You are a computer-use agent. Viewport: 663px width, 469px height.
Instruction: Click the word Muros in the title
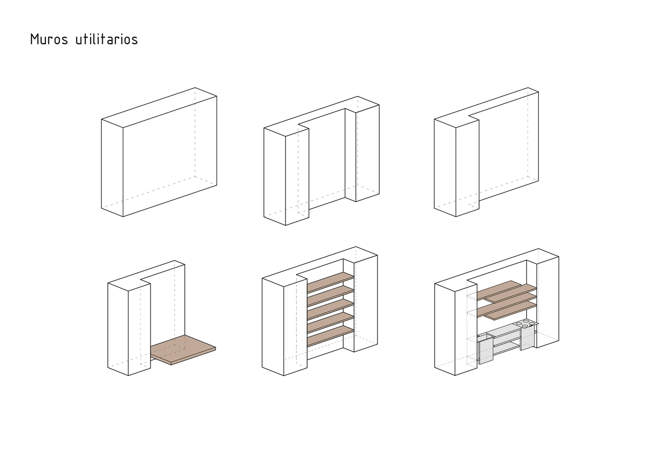pos(49,39)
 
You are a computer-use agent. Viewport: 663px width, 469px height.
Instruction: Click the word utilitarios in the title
pos(107,39)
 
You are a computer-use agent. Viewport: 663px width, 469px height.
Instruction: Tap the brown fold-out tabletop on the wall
pos(183,350)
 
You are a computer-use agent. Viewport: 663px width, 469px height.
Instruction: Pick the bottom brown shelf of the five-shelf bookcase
pos(330,336)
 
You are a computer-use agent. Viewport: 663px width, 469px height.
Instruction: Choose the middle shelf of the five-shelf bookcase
pos(330,309)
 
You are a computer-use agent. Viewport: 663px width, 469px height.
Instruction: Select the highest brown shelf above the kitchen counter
pos(499,290)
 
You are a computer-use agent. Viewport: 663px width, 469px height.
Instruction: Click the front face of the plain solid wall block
pos(170,156)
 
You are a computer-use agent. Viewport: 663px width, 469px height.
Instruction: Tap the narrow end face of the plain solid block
pos(112,168)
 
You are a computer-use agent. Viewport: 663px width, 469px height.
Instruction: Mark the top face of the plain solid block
pos(159,107)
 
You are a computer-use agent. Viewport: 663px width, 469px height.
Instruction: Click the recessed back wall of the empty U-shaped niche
pos(327,159)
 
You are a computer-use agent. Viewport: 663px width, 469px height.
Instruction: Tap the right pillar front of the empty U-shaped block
pos(367,153)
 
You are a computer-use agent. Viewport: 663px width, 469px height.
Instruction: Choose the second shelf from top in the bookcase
pos(330,295)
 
